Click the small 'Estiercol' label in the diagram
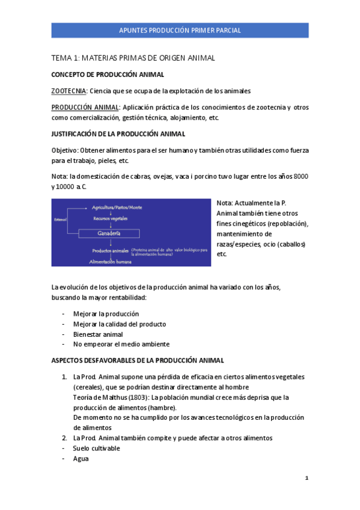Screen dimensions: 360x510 pos(59,219)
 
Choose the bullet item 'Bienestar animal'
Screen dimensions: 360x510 pos(98,334)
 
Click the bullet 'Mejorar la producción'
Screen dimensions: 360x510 pos(106,314)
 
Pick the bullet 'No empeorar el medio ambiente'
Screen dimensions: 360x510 pos(121,345)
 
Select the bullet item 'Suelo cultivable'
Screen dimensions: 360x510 pos(96,449)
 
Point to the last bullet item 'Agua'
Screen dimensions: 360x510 pos(81,459)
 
